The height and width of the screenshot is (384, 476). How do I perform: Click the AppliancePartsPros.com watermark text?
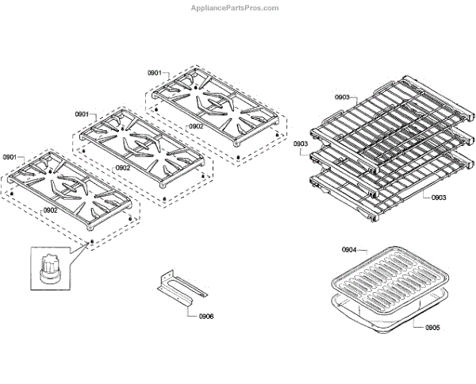coord(236,8)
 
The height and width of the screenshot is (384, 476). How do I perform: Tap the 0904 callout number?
coord(350,250)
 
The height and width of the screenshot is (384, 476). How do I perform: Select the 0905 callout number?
coord(432,326)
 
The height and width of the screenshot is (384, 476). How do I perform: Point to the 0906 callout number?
coord(205,316)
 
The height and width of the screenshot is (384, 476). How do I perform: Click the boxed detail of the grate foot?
coord(52,269)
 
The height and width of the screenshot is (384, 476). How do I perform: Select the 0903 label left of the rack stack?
coord(301,144)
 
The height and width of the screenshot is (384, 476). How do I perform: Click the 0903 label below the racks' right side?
coord(440,197)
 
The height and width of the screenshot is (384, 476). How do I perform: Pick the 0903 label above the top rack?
coord(342,98)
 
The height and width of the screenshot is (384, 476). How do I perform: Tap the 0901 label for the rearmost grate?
coord(155,73)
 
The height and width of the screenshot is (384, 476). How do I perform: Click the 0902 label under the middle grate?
coord(123,167)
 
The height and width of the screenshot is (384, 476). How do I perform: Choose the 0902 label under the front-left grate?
coord(50,209)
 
